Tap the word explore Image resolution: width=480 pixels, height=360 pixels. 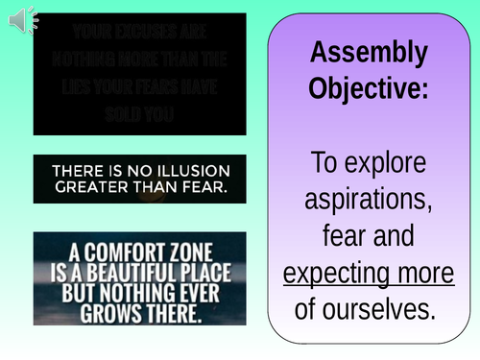[396, 164]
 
